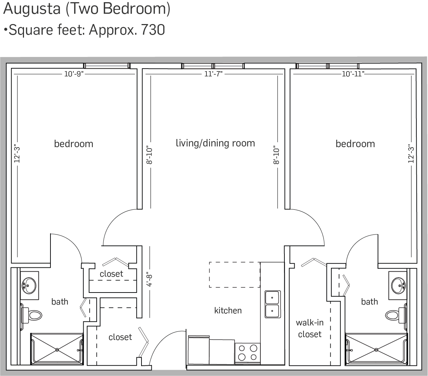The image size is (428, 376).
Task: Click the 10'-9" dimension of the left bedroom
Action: pyautogui.click(x=74, y=74)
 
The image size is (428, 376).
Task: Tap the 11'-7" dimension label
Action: pyautogui.click(x=214, y=74)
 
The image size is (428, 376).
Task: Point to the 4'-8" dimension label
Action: pyautogui.click(x=151, y=279)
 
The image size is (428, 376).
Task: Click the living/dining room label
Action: pyautogui.click(x=215, y=143)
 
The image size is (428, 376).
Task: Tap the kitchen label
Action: pyautogui.click(x=228, y=311)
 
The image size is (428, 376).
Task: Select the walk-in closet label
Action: pyautogui.click(x=309, y=329)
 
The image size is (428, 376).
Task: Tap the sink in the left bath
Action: pyautogui.click(x=28, y=283)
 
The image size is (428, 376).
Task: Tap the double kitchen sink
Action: pyautogui.click(x=272, y=304)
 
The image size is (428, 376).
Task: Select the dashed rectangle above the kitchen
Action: pyautogui.click(x=234, y=274)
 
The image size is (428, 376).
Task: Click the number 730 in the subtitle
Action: pyautogui.click(x=153, y=30)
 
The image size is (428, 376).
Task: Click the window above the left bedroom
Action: pyautogui.click(x=107, y=66)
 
